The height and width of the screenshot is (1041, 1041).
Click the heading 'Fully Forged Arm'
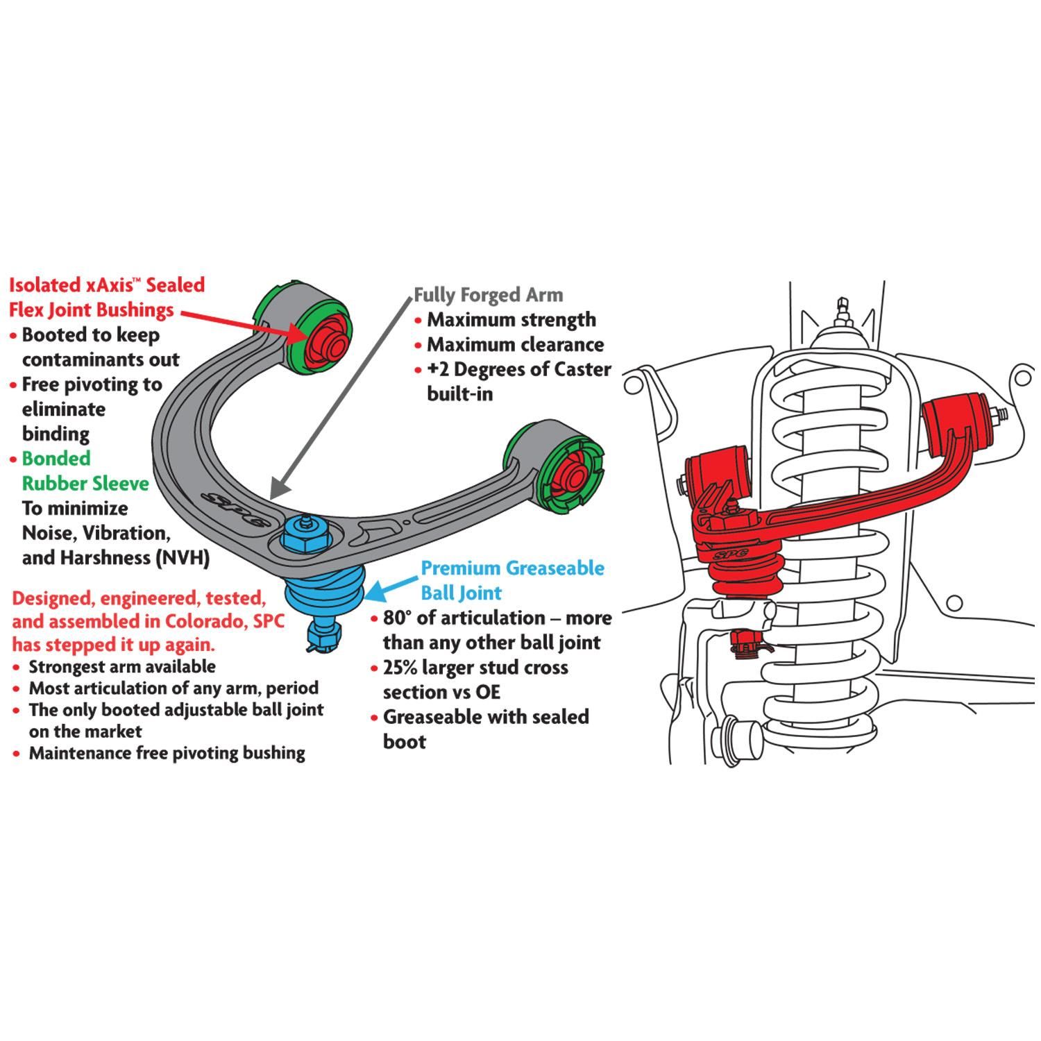click(x=488, y=295)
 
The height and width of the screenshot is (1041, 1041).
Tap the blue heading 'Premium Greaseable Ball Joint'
click(x=512, y=580)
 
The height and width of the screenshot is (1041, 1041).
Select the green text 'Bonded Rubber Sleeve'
click(x=85, y=471)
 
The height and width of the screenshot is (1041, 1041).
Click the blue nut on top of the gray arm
click(x=303, y=536)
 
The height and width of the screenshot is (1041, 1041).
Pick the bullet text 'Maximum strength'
click(x=511, y=320)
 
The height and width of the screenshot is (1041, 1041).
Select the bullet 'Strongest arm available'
click(x=121, y=667)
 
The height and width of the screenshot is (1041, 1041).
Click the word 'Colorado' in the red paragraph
click(x=204, y=621)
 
